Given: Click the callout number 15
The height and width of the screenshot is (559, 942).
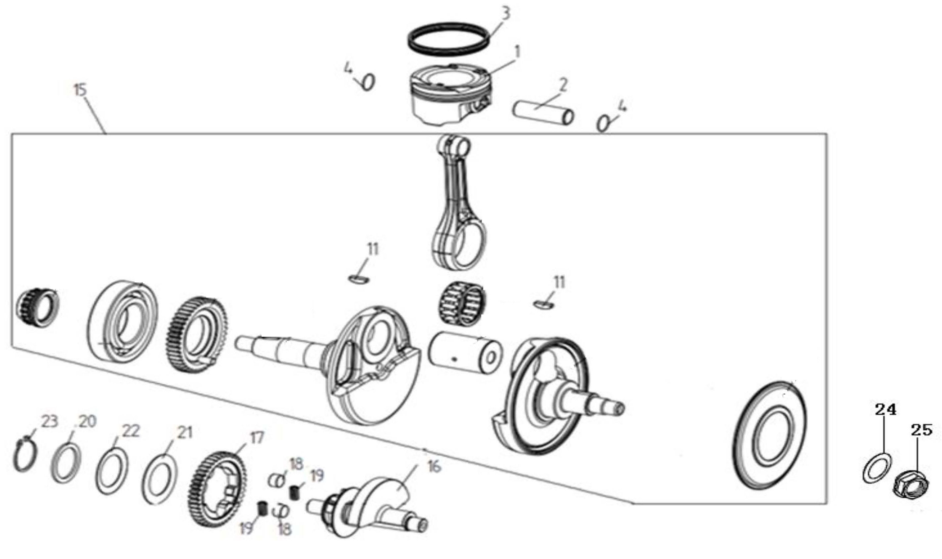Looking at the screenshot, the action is point(81,90).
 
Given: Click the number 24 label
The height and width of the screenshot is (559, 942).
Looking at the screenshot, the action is point(885,409).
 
